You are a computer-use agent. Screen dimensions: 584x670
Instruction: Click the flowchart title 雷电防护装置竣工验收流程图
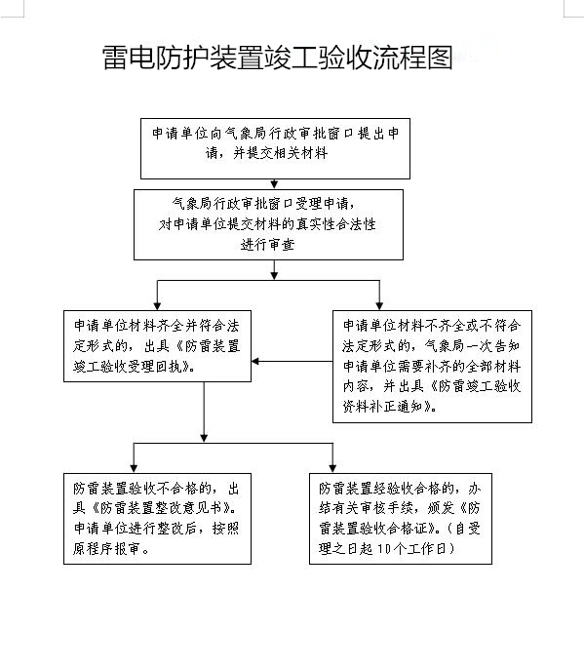click(x=278, y=58)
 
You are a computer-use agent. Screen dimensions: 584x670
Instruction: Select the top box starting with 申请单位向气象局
click(x=275, y=148)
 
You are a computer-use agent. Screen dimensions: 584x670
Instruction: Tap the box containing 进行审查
click(x=268, y=224)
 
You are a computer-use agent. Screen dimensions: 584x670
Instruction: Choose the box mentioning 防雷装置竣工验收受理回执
click(x=157, y=345)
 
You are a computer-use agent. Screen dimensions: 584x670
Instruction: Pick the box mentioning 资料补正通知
click(x=432, y=366)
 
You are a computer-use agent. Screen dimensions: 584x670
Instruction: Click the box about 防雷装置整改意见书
click(x=157, y=518)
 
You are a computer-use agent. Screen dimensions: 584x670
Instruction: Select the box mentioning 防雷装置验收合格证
click(x=401, y=518)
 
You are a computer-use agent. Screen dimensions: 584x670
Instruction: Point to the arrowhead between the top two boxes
click(x=274, y=184)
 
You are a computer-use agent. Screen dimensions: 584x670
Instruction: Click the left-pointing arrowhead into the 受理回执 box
click(x=255, y=361)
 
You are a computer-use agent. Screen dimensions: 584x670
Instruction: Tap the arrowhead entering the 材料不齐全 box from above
click(x=379, y=306)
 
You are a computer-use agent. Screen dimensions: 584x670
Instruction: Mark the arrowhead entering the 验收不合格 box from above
click(x=134, y=468)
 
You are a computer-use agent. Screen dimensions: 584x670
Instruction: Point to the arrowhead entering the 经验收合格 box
click(x=332, y=468)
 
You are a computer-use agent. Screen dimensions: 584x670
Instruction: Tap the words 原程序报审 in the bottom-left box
click(x=106, y=548)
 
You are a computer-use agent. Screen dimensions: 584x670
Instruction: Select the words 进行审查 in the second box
click(x=268, y=245)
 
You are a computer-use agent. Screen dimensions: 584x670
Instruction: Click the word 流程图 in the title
click(x=413, y=58)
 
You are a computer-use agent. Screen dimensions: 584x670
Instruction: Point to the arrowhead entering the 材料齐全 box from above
click(x=157, y=306)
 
